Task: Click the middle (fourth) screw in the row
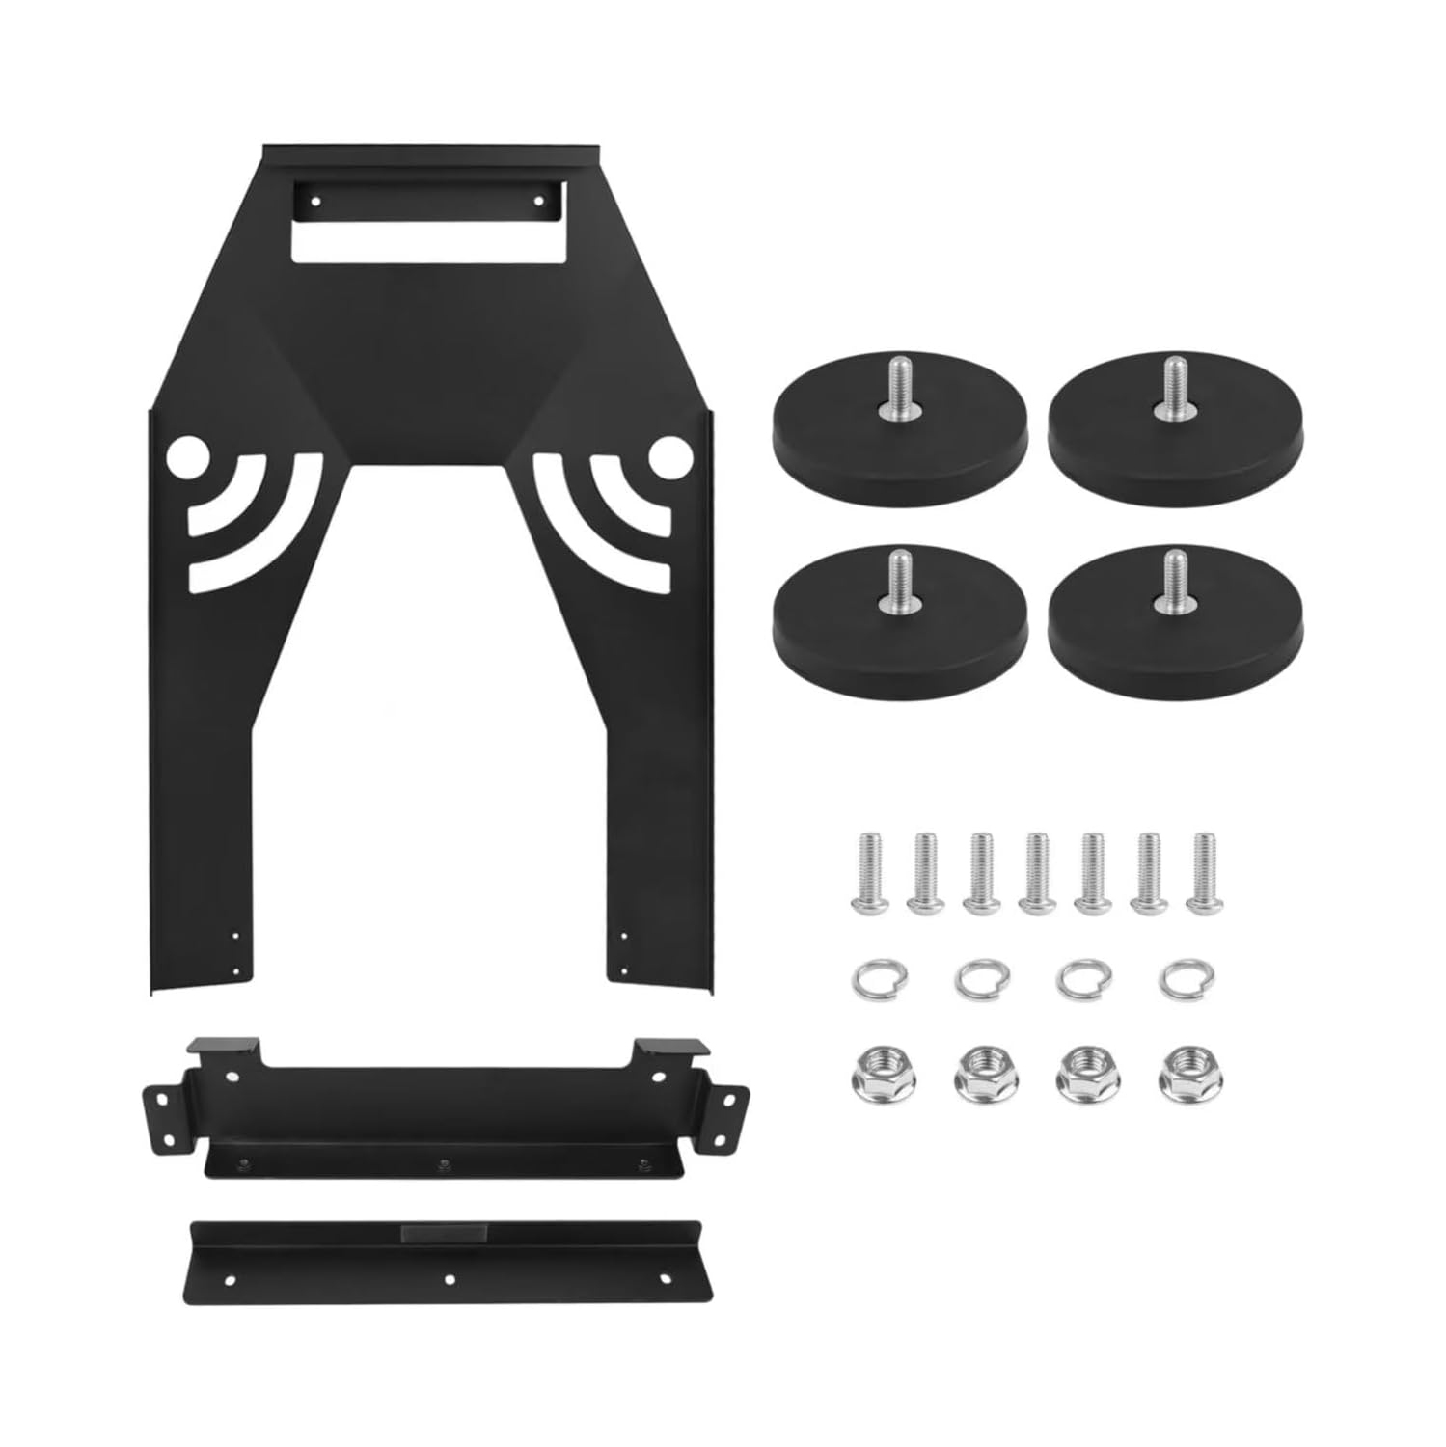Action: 1036,872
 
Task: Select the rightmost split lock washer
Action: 1187,981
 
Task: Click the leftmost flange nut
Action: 872,1072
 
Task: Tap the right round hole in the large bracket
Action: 665,458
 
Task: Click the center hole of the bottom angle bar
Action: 449,1279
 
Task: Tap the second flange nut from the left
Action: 977,1072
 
